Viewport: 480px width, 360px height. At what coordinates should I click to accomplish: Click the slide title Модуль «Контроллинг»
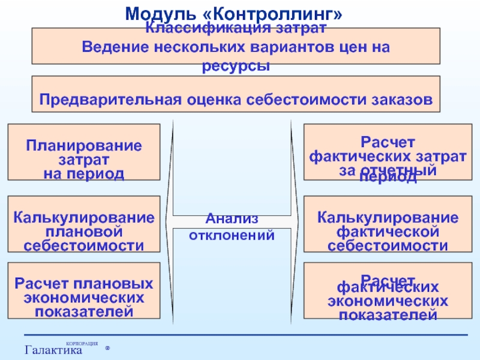tap(236, 13)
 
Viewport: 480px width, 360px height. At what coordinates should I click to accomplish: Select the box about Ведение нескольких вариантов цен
tap(236, 46)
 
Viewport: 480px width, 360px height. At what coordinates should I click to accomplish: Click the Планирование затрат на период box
tap(84, 152)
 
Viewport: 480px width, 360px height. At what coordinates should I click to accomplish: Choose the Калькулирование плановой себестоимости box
tap(84, 223)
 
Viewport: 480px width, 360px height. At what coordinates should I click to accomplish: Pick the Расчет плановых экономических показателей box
tap(84, 290)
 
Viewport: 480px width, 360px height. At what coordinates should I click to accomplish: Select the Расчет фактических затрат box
tap(388, 152)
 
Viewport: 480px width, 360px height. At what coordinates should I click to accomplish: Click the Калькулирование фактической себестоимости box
tap(388, 223)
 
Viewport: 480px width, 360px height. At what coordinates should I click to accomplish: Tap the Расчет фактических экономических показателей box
tap(388, 290)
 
